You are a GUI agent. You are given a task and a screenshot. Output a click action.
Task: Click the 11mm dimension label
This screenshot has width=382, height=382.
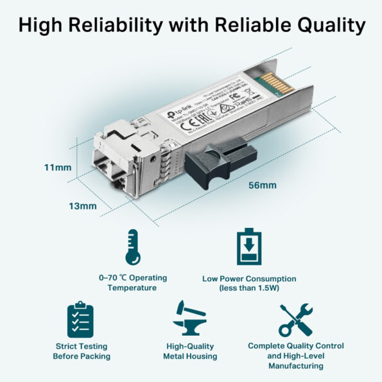(58, 168)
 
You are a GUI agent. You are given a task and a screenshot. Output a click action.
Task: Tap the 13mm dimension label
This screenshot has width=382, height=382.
(84, 206)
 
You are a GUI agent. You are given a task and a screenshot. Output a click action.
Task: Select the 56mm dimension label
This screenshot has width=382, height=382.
(263, 186)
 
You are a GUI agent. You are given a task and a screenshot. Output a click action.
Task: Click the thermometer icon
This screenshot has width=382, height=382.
(133, 248)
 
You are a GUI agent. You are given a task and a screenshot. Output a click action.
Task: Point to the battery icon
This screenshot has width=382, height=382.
(249, 247)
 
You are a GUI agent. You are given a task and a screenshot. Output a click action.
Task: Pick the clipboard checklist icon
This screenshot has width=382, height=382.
(81, 319)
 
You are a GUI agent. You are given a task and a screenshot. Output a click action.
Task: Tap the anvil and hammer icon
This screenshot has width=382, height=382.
(191, 318)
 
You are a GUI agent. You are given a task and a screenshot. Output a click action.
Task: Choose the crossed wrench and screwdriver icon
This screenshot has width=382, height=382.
(296, 320)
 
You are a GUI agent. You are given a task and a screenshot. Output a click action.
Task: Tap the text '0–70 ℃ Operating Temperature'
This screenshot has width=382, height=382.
(133, 282)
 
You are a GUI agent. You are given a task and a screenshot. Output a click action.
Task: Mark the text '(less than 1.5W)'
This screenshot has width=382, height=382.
(249, 288)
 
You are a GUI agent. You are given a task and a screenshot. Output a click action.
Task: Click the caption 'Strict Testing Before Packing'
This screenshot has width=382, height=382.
(83, 351)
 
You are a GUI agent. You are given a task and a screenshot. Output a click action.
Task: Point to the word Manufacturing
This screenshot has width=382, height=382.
(296, 365)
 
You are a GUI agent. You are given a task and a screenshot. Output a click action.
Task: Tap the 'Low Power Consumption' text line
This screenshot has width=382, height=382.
(249, 279)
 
